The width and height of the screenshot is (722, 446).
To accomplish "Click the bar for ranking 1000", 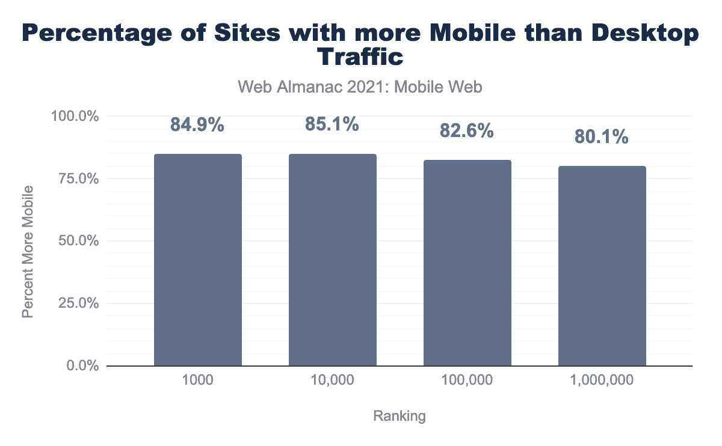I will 198,260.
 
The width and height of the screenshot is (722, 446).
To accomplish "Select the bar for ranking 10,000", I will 333,260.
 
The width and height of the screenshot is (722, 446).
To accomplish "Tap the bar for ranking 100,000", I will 467,263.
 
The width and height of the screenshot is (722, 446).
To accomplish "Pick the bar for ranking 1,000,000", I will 602,266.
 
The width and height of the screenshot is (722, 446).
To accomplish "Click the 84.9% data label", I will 197,126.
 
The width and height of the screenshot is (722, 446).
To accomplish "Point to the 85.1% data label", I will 332,125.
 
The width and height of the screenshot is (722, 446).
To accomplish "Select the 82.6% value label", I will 467,131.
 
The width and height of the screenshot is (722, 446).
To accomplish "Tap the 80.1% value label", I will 602,138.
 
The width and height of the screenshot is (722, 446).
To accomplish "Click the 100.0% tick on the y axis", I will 76,116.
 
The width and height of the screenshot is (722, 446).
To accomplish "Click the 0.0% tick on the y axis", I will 82,366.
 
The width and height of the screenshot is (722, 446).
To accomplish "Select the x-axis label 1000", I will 198,380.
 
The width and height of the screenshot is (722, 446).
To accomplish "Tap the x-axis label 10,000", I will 333,380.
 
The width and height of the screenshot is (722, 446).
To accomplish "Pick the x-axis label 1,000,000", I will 602,380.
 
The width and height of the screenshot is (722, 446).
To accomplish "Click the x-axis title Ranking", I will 400,416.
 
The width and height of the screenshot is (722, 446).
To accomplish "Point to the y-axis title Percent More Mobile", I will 28,252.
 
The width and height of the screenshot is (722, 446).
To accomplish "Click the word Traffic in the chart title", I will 360,57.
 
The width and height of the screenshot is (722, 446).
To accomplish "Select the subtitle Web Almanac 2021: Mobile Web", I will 360,87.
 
